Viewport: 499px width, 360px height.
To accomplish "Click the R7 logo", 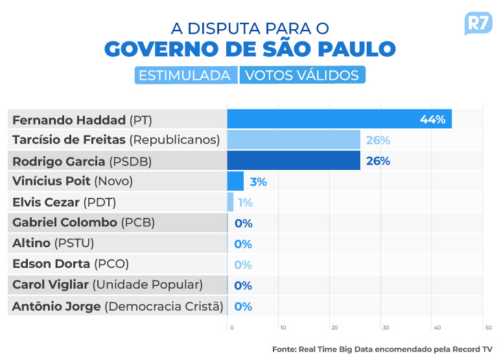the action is point(478,24).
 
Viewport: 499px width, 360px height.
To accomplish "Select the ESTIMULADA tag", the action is point(186,75).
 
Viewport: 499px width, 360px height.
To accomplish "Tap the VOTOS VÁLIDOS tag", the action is point(303,75).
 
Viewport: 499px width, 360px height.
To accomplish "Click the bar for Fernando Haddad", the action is point(339,119).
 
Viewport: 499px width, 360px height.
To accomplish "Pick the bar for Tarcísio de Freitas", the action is point(294,139).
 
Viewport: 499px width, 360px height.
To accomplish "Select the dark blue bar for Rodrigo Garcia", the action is point(294,160).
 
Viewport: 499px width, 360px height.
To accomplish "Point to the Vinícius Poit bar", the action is point(235,181).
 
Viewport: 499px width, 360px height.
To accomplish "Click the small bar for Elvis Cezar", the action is point(230,202).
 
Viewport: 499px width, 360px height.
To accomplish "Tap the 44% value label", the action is point(432,119).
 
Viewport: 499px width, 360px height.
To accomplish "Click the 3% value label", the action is point(258,182).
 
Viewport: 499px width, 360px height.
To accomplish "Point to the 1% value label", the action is point(246,202).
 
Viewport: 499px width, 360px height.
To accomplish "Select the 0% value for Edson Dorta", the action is point(243,265).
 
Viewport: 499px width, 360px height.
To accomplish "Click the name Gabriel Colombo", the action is point(65,222).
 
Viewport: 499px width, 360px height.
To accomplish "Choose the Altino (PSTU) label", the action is point(53,243).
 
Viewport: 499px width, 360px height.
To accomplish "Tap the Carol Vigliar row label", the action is point(108,285).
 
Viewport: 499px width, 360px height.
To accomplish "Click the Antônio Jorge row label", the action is point(118,306).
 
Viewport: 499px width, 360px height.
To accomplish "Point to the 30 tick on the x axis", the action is point(386,328).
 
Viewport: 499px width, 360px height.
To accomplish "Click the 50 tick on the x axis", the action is point(489,328).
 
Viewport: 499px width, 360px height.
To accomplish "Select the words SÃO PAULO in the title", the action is point(329,49).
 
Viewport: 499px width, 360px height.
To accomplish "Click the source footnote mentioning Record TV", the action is point(382,350).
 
